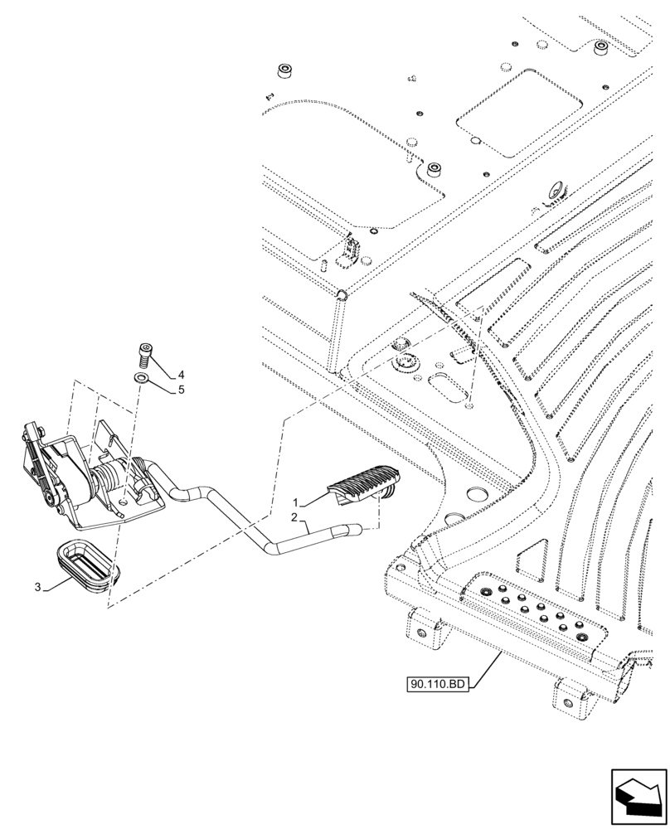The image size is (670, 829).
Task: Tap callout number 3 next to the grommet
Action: coord(38,587)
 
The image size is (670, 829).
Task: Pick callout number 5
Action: coord(180,388)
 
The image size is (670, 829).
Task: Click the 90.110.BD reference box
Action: coord(438,684)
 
